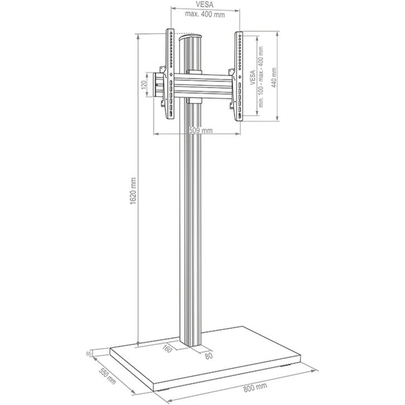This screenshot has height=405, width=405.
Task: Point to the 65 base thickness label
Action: pos(89,353)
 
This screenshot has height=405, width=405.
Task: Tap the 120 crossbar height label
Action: pos(143,86)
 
